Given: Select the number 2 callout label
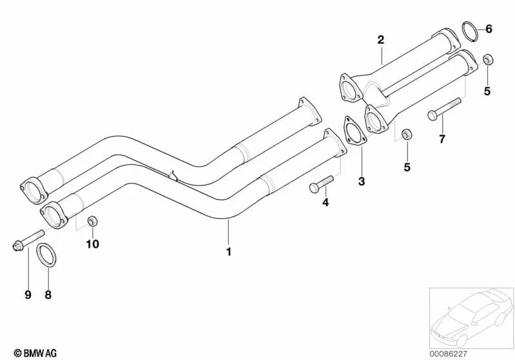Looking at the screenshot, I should coord(380,40).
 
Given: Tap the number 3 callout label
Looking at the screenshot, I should coord(362,182).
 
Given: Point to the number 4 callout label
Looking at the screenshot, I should coord(326,202).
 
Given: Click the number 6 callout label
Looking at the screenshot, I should coord(488,28).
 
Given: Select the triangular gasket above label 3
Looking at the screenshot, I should coord(353,137).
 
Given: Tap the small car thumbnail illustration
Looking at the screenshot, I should coord(470,316).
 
